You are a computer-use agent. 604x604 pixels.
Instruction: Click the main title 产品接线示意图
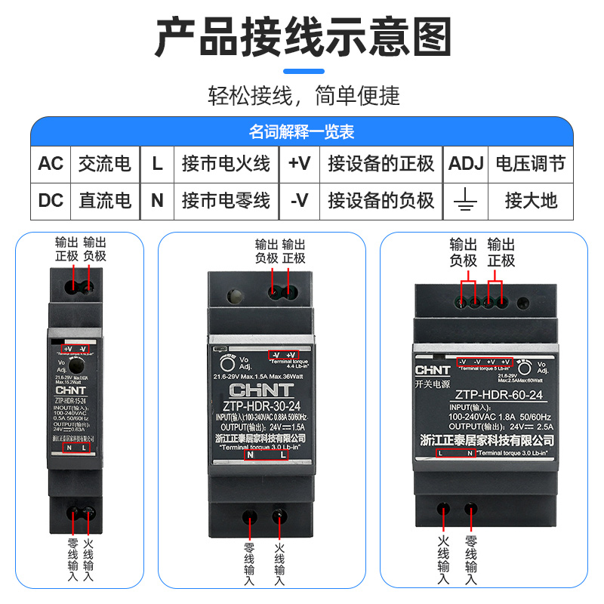[302, 37]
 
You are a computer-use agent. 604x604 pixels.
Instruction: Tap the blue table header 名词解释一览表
[302, 132]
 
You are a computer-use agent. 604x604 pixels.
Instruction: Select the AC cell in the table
[51, 164]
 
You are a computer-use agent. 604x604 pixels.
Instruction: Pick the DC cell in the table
[51, 200]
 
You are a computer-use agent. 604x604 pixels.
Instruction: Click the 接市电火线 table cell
[226, 164]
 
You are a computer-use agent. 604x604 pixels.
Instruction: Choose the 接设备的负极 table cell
[381, 200]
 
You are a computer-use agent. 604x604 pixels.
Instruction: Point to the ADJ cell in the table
[466, 164]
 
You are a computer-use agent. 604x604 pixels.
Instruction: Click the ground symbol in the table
[466, 200]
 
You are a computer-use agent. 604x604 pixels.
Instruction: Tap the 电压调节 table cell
[530, 164]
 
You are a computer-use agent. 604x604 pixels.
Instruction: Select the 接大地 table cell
[530, 200]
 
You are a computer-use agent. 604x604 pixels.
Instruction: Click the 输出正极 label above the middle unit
[293, 251]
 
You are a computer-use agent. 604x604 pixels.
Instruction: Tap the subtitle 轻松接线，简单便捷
[302, 96]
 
